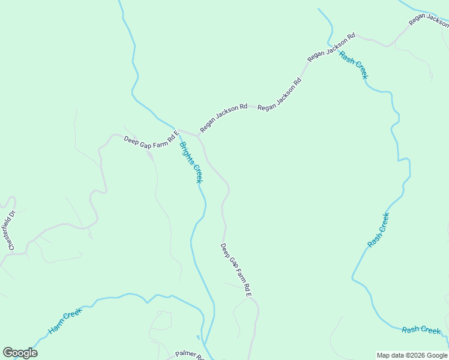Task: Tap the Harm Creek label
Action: click(64, 321)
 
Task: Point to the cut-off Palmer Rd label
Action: click(190, 355)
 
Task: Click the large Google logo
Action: click(20, 353)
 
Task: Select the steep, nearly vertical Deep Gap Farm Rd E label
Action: click(235, 271)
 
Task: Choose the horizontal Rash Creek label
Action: click(421, 329)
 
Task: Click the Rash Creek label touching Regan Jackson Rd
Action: click(353, 65)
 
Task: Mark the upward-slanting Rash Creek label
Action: click(378, 230)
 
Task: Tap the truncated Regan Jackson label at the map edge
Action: click(429, 19)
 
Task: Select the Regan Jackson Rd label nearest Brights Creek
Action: click(223, 118)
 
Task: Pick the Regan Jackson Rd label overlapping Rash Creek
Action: click(331, 47)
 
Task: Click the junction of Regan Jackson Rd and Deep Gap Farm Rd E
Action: click(198, 135)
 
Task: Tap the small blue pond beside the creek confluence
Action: click(198, 338)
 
